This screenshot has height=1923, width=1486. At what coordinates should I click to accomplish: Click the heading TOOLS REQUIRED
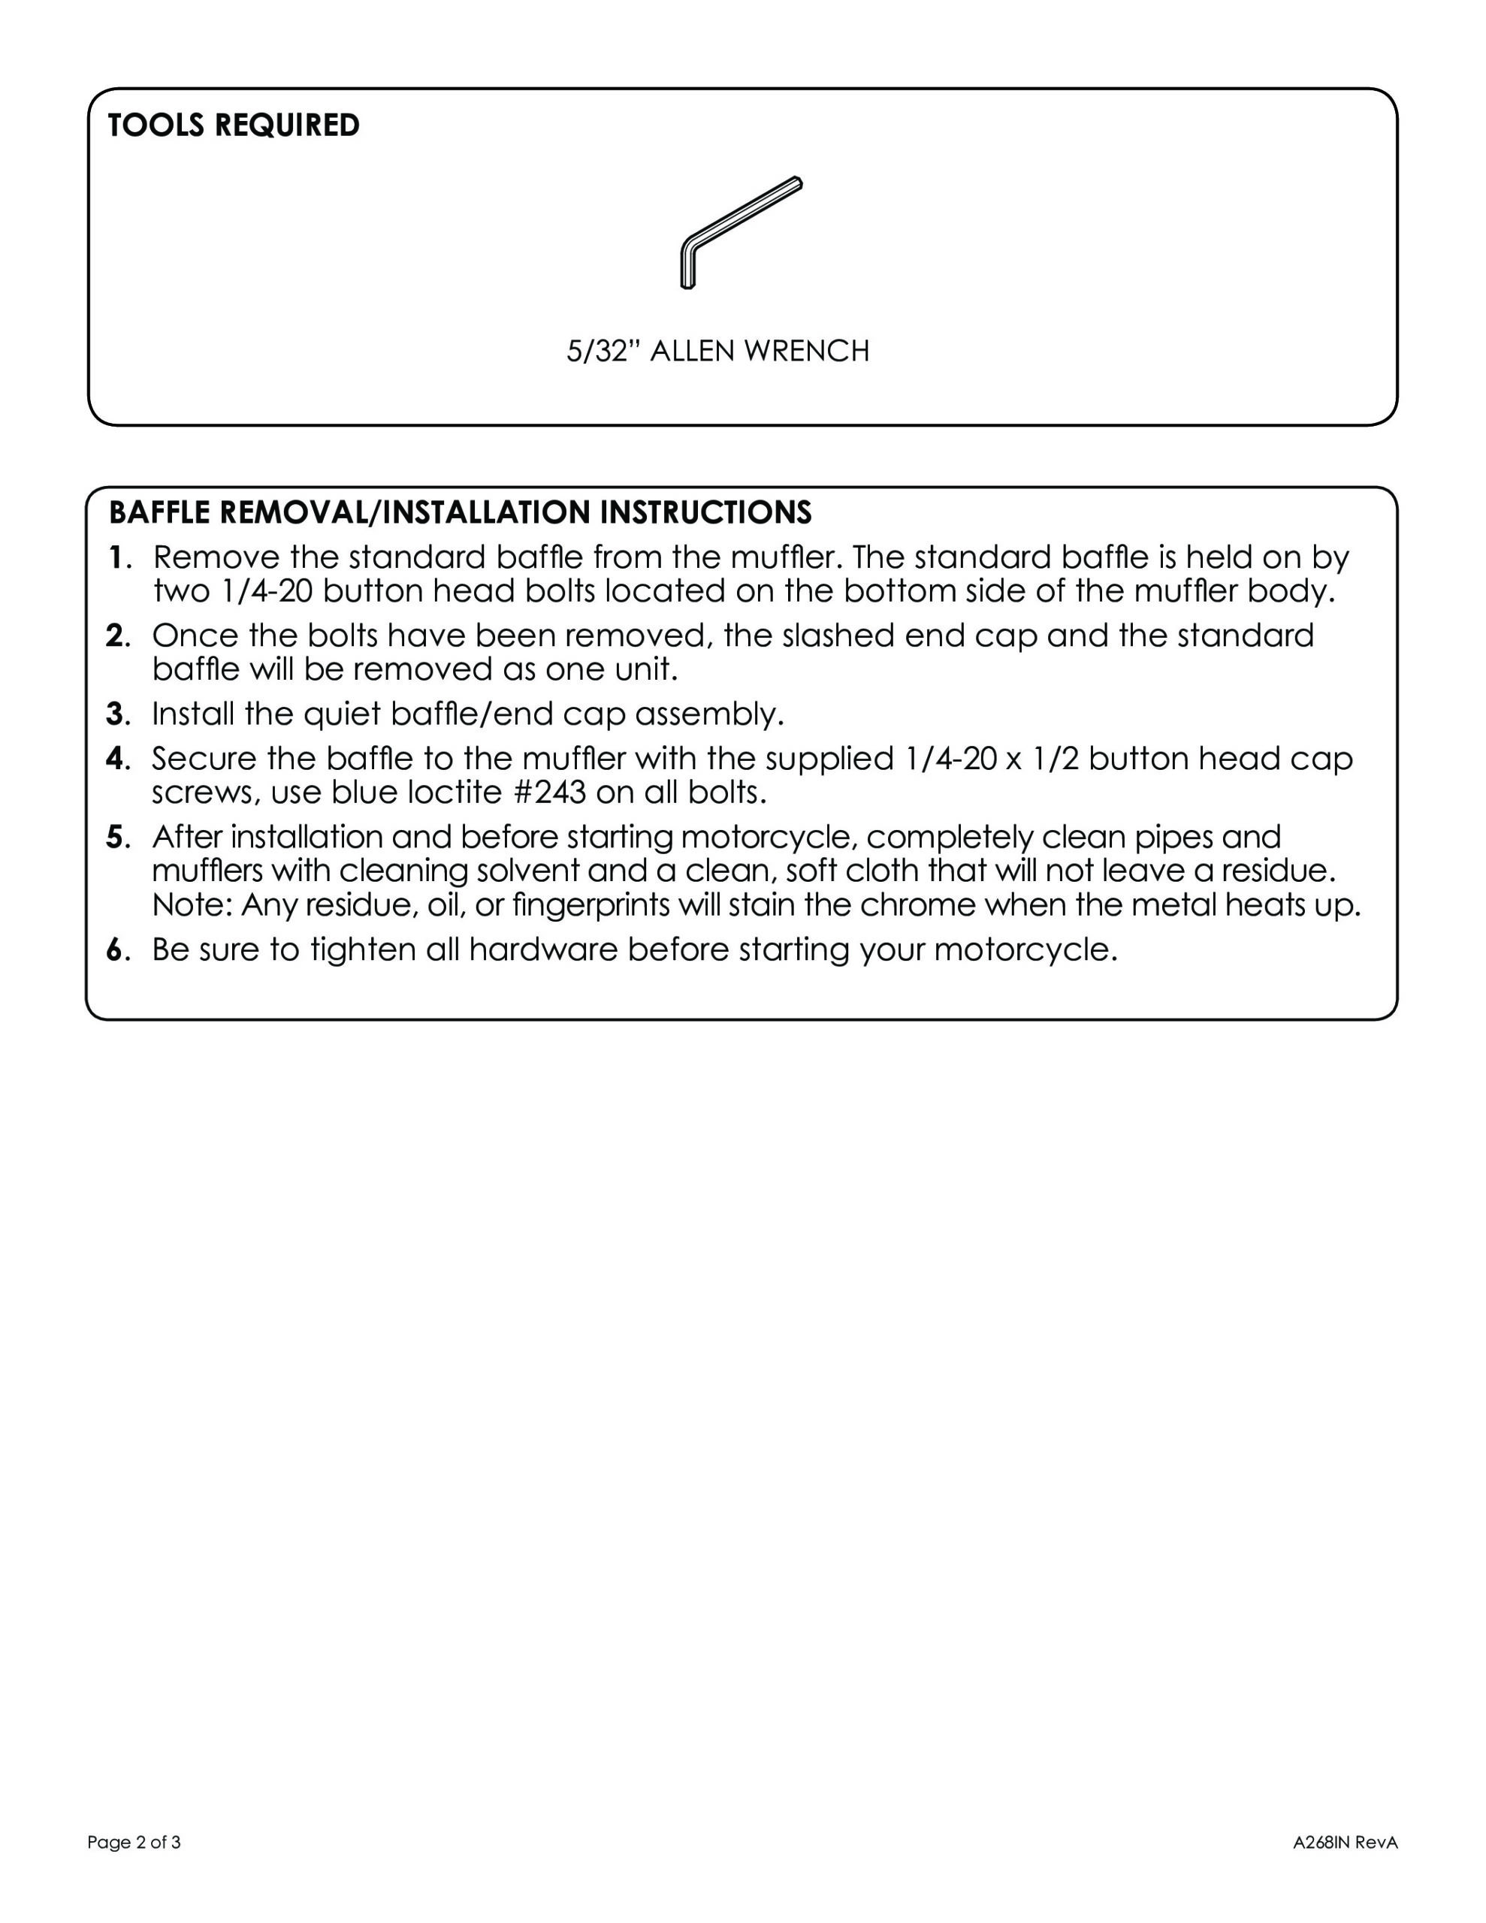[234, 125]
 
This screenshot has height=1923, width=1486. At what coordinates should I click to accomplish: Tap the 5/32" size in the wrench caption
[602, 352]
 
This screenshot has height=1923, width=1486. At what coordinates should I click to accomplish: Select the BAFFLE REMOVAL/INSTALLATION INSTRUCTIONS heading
[459, 512]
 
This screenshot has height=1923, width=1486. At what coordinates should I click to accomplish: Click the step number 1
[114, 557]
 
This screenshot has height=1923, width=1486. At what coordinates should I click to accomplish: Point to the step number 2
[114, 635]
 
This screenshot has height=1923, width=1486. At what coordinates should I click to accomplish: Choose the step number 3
[114, 714]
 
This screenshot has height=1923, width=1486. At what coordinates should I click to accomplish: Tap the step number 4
[114, 758]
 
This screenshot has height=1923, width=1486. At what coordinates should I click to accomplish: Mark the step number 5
[114, 837]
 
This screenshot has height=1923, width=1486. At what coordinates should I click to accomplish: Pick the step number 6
[114, 950]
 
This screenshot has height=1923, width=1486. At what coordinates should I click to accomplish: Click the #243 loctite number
[548, 793]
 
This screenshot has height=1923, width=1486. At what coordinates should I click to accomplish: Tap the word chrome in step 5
[919, 905]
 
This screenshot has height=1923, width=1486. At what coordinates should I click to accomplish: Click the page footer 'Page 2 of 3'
[134, 1843]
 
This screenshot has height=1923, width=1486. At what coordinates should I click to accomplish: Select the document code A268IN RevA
[1344, 1843]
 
